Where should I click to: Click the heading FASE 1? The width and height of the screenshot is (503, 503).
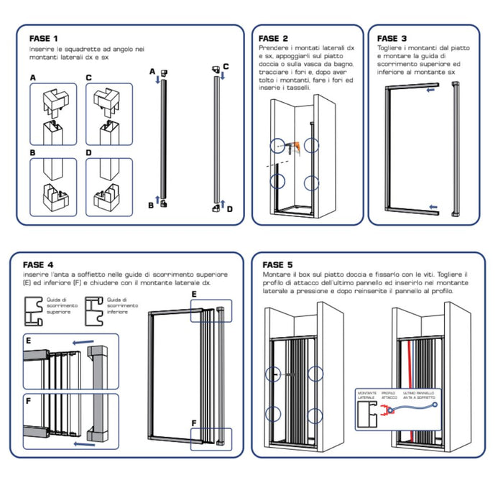pos(44,38)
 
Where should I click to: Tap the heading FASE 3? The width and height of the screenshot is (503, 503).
pos(392,38)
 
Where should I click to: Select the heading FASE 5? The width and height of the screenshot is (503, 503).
pos(278,264)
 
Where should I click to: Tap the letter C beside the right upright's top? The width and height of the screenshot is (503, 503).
pos(225,67)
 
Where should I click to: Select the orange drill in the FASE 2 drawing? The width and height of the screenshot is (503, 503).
pos(291,148)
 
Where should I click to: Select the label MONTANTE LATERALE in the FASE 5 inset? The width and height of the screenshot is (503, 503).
pos(366,395)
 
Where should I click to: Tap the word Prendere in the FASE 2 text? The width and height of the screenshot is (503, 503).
pos(272,47)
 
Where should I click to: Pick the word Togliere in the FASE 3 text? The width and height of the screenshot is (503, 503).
pos(390,47)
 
